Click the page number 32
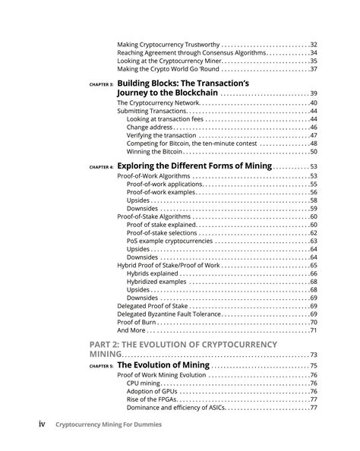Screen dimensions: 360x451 pyautogui.click(x=312, y=45)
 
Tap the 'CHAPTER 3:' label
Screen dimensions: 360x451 pyautogui.click(x=100, y=84)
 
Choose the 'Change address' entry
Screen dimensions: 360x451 pyautogui.click(x=147, y=128)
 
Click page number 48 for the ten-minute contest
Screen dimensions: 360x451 pyautogui.click(x=312, y=143)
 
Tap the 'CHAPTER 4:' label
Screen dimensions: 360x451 pyautogui.click(x=100, y=167)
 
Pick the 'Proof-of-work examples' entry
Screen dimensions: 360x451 pyautogui.click(x=164, y=192)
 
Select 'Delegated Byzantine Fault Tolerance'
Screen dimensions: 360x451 pyautogui.click(x=179, y=314)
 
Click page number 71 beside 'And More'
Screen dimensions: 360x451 pyautogui.click(x=312, y=331)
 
